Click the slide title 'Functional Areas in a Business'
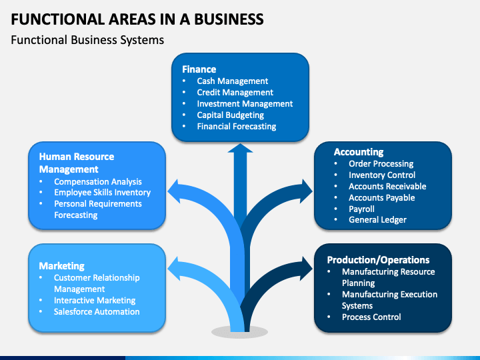[x=137, y=19]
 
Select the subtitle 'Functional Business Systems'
[x=87, y=40]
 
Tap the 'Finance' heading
[x=199, y=69]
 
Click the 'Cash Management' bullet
[x=233, y=81]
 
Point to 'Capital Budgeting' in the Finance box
[x=230, y=115]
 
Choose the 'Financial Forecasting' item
[x=236, y=127]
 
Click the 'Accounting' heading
[x=359, y=152]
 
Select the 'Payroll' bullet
[x=361, y=209]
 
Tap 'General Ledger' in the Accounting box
[x=377, y=220]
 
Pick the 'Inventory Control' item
[x=382, y=175]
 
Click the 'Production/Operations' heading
[x=378, y=260]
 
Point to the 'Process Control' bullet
[x=371, y=317]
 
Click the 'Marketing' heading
[x=61, y=266]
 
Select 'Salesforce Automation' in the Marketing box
[x=97, y=312]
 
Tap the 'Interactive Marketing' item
[x=95, y=301]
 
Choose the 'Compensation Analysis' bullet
[x=98, y=182]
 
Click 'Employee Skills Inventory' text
[x=102, y=193]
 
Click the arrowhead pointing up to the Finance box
[x=240, y=148]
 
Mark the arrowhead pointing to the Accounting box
[x=306, y=191]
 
